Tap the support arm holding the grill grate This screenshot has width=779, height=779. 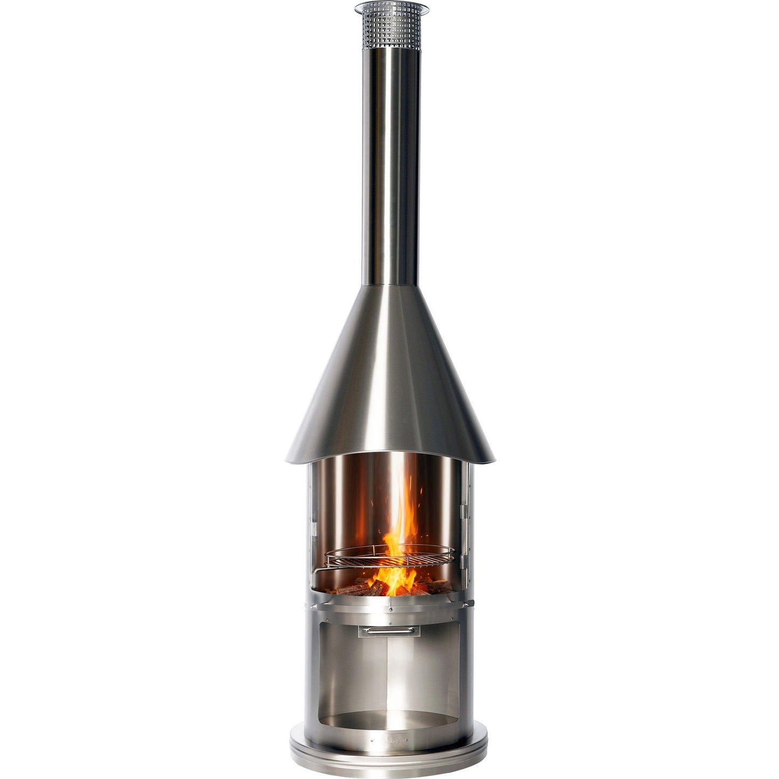click(323, 569)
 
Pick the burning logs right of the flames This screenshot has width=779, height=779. click(431, 585)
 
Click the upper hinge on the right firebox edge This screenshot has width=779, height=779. click(463, 509)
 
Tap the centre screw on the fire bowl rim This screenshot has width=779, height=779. click(389, 610)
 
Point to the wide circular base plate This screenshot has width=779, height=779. click(389, 757)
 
